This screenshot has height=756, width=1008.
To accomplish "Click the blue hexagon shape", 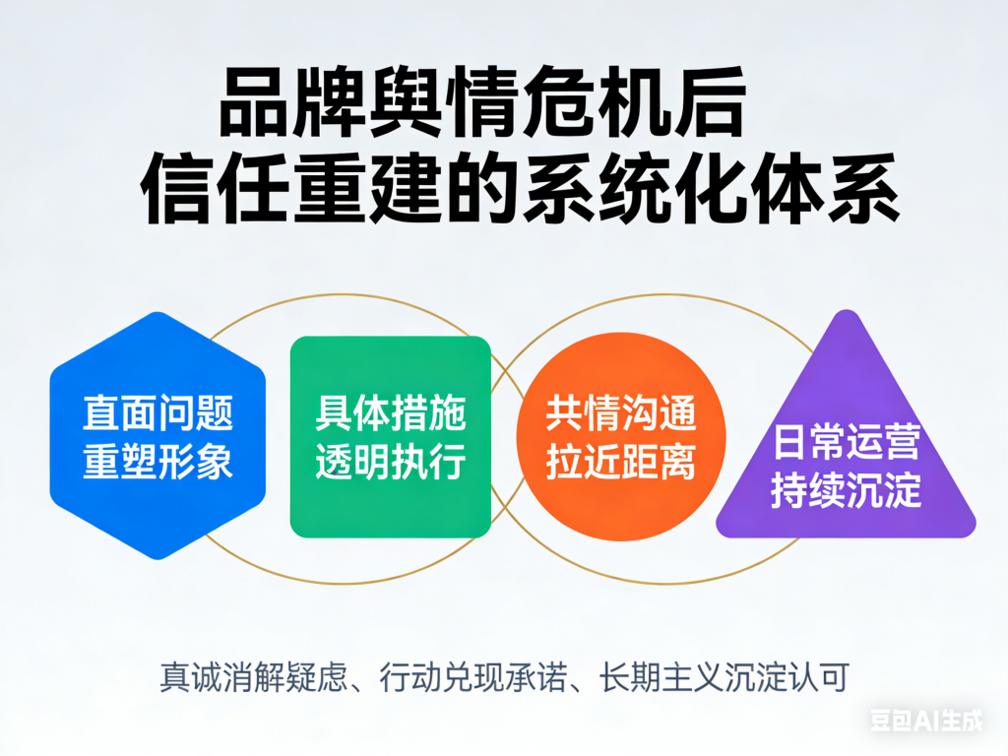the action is (157, 436).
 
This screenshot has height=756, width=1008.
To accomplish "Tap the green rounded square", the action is (391, 437).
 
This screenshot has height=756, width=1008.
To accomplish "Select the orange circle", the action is (621, 436).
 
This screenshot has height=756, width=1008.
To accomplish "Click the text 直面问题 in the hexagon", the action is (157, 412).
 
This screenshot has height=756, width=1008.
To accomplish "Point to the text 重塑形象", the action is (157, 461).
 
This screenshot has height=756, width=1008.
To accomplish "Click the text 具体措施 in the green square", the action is (391, 412).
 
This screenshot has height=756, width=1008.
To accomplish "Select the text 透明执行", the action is (391, 461).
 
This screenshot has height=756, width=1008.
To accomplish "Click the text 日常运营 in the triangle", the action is (846, 441).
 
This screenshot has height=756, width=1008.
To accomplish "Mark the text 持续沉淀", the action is (846, 490).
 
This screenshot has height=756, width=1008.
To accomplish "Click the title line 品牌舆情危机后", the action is (482, 102).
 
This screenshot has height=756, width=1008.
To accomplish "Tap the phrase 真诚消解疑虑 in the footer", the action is (253, 677).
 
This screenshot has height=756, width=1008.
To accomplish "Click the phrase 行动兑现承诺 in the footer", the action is (473, 677).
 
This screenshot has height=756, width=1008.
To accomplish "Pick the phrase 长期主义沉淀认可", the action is (724, 677).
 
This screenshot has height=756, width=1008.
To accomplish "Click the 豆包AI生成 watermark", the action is (926, 720).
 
